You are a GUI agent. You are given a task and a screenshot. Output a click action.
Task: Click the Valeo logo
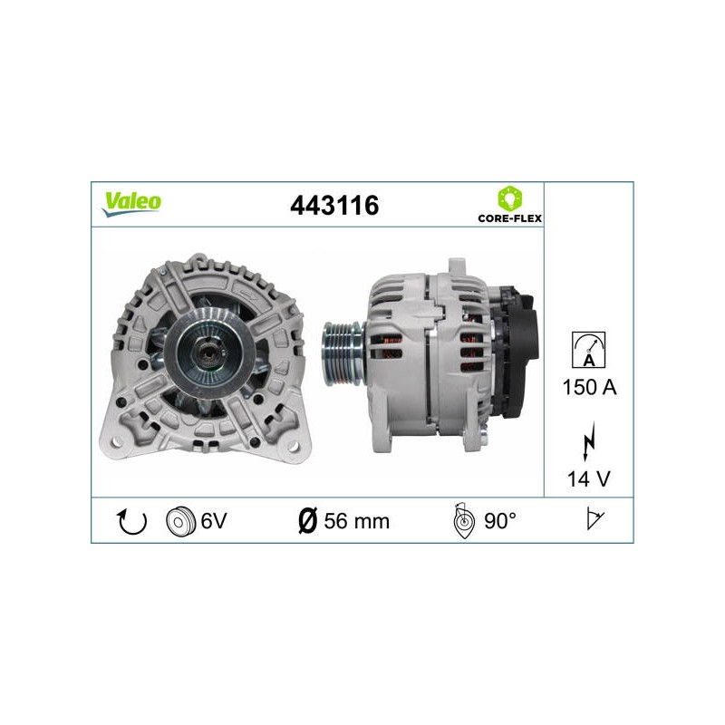pos(131,203)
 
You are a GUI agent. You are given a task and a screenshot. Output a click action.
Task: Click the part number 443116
pos(334,206)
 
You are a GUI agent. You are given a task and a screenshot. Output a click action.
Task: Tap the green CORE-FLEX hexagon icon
pos(510,198)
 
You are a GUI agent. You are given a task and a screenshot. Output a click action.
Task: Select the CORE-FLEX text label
pos(509,218)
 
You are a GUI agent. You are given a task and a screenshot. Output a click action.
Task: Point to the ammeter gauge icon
pos(588,350)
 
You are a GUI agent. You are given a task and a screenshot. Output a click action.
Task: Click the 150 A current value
pos(589,387)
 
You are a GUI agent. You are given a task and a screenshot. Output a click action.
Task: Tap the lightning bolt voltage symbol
pos(588,441)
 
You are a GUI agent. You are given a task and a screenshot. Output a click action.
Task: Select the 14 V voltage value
pos(588,479)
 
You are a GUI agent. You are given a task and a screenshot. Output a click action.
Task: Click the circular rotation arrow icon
pos(132,522)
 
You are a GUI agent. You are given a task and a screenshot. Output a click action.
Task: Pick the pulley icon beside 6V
pos(179,522)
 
